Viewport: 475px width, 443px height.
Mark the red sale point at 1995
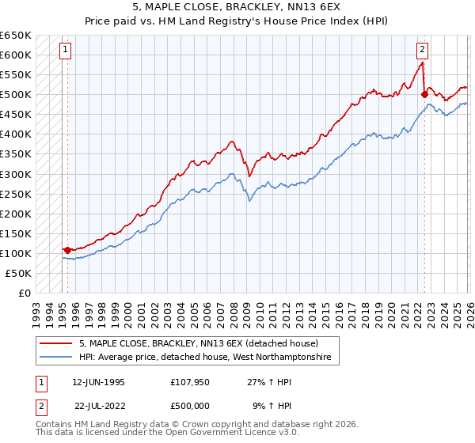point(67,250)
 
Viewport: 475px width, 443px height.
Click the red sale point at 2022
point(424,94)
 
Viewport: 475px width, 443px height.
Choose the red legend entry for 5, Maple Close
point(198,344)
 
